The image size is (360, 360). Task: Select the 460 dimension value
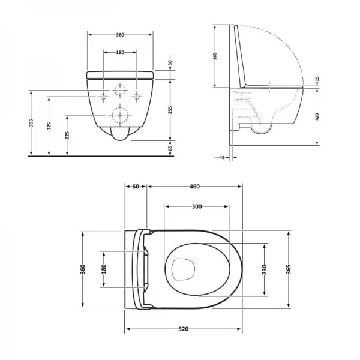(194, 187)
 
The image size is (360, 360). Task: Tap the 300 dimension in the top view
(196, 206)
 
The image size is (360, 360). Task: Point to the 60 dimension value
(136, 187)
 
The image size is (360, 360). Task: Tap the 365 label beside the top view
(290, 270)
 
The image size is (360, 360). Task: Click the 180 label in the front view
(120, 53)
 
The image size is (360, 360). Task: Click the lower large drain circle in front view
(120, 114)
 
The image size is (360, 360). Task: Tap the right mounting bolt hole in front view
(137, 96)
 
